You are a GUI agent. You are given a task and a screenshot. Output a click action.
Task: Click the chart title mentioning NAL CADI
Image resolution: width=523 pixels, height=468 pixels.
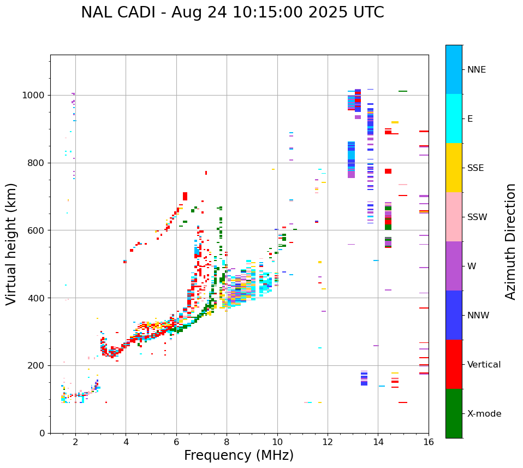pyautogui.click(x=232, y=13)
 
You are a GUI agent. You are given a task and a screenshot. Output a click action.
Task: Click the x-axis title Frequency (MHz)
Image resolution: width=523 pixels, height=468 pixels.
pyautogui.click(x=239, y=455)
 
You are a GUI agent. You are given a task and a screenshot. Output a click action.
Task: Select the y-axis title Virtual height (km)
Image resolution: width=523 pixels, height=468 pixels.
pyautogui.click(x=11, y=244)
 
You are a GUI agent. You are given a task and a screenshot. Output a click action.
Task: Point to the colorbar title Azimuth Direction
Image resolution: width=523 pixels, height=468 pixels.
pyautogui.click(x=510, y=241)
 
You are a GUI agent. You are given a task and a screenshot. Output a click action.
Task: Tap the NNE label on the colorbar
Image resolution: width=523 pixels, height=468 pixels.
pyautogui.click(x=476, y=70)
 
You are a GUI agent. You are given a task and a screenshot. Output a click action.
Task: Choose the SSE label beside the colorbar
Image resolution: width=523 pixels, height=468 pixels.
pyautogui.click(x=475, y=168)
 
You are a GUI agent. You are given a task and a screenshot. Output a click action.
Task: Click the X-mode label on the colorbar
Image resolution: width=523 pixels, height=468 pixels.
pyautogui.click(x=484, y=414)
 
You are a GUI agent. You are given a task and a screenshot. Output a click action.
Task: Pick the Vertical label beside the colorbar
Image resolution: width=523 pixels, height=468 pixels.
pyautogui.click(x=484, y=365)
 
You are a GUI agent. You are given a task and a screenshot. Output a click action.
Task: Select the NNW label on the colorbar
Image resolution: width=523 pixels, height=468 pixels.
pyautogui.click(x=478, y=316)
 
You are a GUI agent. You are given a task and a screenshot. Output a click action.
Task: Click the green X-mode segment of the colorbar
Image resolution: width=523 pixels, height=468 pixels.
pyautogui.click(x=454, y=413)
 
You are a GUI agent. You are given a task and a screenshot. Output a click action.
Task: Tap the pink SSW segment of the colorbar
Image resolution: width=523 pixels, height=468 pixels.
pyautogui.click(x=454, y=217)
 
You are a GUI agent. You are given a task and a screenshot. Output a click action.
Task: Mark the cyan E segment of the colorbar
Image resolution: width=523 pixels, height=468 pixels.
pyautogui.click(x=454, y=119)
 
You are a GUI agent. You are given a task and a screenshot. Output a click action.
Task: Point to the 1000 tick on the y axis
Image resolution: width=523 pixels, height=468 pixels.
pyautogui.click(x=34, y=96)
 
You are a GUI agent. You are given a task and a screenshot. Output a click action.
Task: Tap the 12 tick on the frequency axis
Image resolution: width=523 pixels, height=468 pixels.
pyautogui.click(x=328, y=442)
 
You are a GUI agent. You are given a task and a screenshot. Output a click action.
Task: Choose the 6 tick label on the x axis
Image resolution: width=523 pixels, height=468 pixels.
pyautogui.click(x=176, y=442)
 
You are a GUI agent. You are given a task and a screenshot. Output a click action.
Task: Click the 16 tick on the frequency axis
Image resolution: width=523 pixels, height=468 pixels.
pyautogui.click(x=429, y=442)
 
